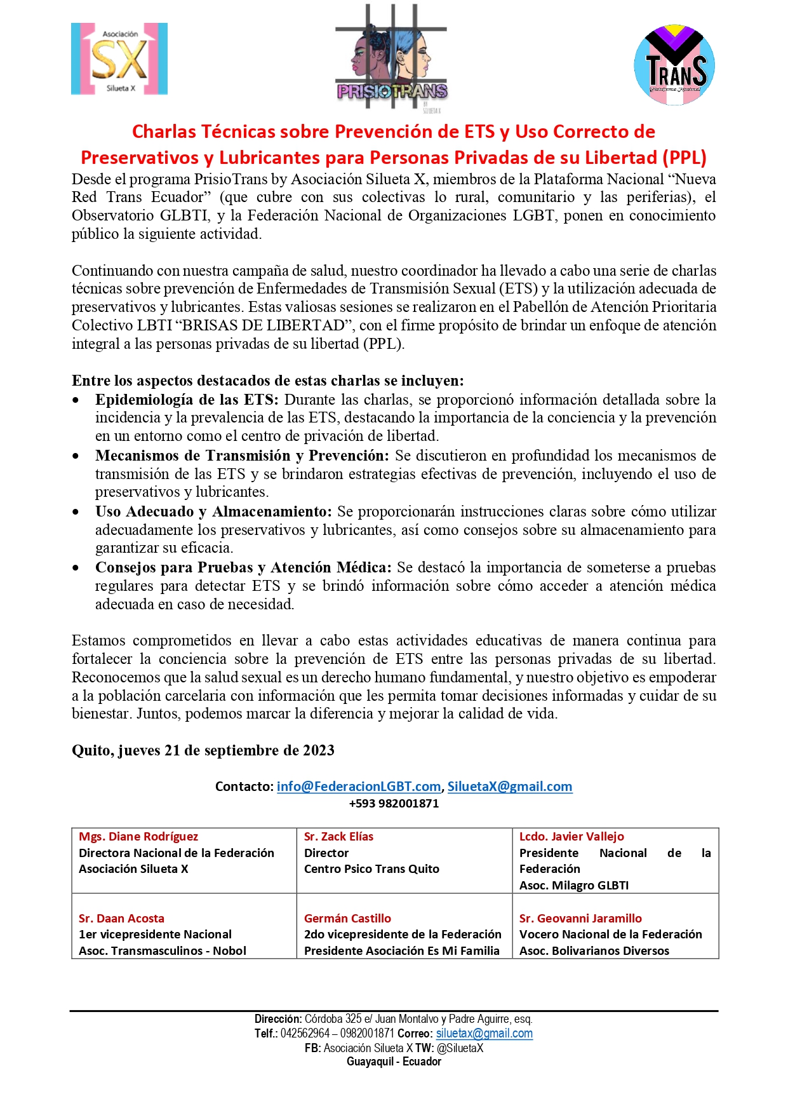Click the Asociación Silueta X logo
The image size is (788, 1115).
coord(119,59)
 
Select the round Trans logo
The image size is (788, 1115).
coord(674,65)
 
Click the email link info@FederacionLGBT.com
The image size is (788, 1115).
coord(359,787)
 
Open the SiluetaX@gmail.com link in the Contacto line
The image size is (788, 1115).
coord(509,787)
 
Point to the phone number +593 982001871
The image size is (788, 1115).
coord(394,803)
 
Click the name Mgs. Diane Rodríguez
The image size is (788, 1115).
coord(138,837)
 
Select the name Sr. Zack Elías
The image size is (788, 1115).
coord(338,837)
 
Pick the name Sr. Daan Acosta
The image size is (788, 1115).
coord(121,918)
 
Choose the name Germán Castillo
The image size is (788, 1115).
coord(347,918)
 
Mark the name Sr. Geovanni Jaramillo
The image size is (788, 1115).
coord(580,918)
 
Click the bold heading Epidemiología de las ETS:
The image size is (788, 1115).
coord(187,400)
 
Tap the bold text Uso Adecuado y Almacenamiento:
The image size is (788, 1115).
coord(213,511)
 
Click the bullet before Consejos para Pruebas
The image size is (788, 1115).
coord(76,568)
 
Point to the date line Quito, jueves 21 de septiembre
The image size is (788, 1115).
coord(203,750)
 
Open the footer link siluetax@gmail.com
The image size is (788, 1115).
coord(484,1034)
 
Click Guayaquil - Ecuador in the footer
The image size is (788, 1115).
coord(394,1062)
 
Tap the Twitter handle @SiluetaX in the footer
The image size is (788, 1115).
coord(460,1048)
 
